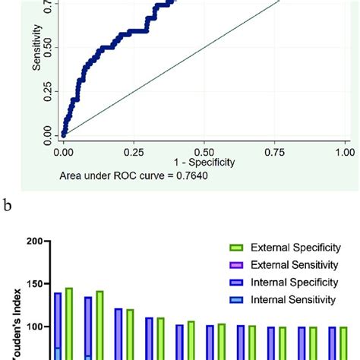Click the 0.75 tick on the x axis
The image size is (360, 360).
click(275, 151)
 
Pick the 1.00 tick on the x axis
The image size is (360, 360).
click(344, 151)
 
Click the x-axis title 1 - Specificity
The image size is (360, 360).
click(204, 163)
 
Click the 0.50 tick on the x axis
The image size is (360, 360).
click(204, 151)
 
